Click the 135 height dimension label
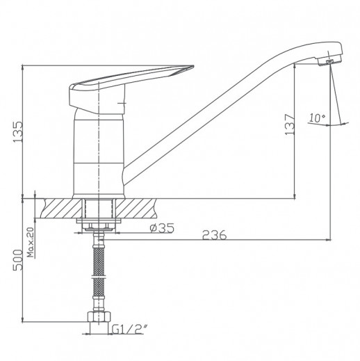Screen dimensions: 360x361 click(x=18, y=132)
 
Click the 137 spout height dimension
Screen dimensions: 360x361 click(x=290, y=125)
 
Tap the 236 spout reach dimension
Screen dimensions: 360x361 click(x=214, y=235)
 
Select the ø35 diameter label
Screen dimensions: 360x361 click(x=162, y=228)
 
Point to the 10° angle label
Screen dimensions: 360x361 click(x=317, y=118)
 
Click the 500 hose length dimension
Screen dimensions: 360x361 click(x=18, y=260)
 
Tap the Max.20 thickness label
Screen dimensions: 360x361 click(x=31, y=243)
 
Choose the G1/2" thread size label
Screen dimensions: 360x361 click(x=130, y=330)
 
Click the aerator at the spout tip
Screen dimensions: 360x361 click(x=329, y=61)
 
